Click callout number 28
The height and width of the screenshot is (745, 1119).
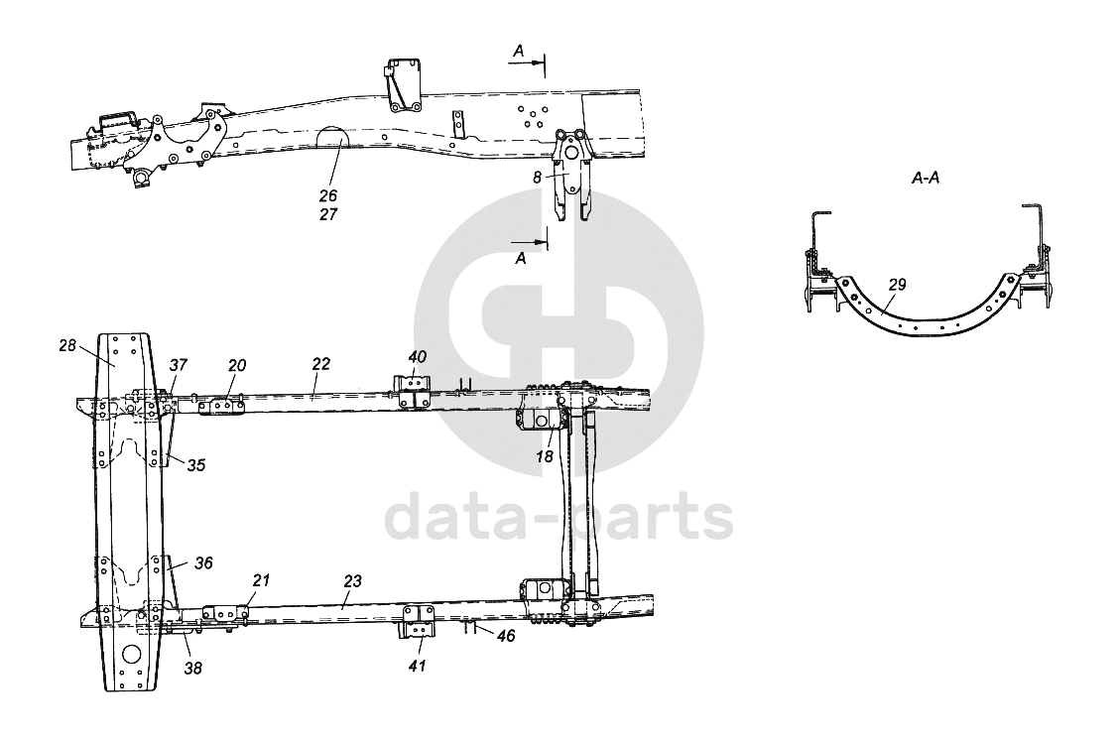point(67,346)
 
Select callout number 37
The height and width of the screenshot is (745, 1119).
point(177,366)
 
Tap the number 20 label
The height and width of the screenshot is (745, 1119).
point(236,366)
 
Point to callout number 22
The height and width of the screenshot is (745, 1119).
point(320,365)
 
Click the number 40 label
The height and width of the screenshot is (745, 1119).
point(418,357)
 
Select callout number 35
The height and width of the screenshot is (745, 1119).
point(196,464)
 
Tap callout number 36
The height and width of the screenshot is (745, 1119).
point(203,562)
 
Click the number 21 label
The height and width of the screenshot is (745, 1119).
point(259,580)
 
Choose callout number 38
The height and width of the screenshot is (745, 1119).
point(192,669)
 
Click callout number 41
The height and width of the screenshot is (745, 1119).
point(418,666)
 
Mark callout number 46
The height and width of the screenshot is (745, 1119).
point(506,635)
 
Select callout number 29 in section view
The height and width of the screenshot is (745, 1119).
point(897,285)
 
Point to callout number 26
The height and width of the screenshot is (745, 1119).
point(328,194)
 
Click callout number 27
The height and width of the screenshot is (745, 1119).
point(328,213)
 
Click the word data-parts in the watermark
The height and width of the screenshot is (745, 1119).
point(559,518)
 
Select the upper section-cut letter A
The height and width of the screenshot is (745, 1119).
point(519,49)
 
